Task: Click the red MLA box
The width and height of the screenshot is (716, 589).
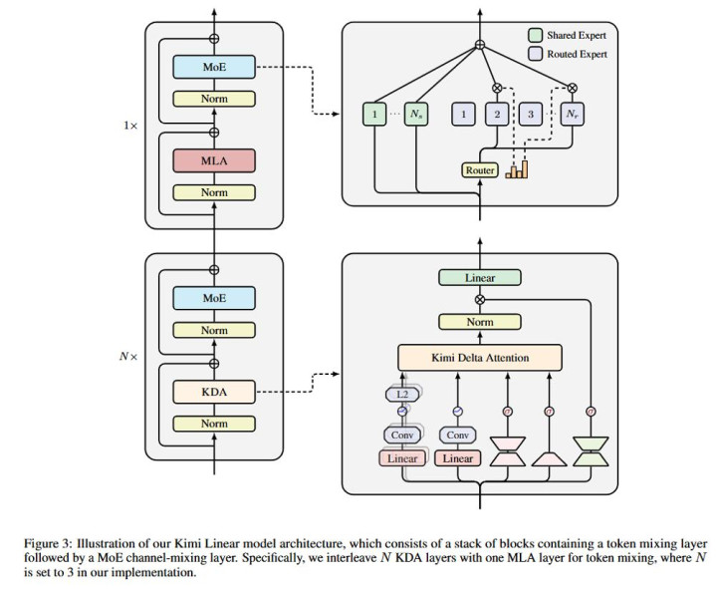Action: point(214,160)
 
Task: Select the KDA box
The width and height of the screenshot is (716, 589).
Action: point(214,392)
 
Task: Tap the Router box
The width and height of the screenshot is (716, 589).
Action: point(480,170)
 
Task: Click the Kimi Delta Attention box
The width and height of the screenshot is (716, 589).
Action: point(480,357)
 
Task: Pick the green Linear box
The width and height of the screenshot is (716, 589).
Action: point(480,278)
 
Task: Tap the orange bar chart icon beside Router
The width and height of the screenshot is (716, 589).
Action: point(516,169)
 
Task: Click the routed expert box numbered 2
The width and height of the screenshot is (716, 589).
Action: point(496,115)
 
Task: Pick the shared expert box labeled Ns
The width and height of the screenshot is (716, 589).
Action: point(416,115)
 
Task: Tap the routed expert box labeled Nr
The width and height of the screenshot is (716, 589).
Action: point(571,115)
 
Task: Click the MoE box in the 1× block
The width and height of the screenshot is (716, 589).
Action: point(214,67)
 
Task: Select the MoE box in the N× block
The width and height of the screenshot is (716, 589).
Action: point(214,298)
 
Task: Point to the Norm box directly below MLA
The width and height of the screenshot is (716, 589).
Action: point(214,192)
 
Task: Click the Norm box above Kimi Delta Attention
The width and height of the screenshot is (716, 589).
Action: point(480,322)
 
